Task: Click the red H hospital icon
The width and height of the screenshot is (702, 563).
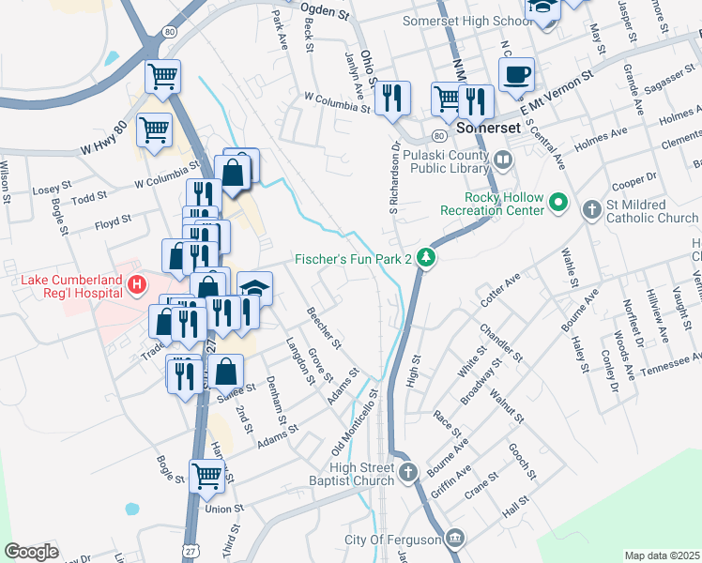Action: [x=137, y=283]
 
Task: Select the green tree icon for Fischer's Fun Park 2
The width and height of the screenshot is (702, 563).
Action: [x=426, y=258]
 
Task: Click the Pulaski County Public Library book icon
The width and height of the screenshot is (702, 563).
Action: [x=503, y=160]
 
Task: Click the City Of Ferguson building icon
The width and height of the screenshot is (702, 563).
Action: [x=455, y=538]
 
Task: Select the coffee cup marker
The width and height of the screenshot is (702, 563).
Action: [x=517, y=74]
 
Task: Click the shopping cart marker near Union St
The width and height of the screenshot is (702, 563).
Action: [x=207, y=476]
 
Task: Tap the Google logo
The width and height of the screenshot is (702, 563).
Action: [x=32, y=552]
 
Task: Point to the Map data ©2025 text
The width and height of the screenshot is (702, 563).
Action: [x=662, y=555]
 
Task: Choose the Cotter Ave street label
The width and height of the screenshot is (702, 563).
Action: [x=499, y=287]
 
